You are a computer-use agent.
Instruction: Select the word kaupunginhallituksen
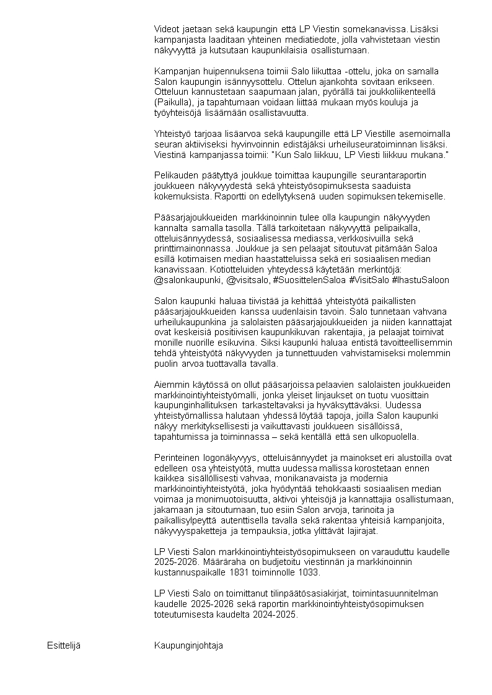tap(193, 406)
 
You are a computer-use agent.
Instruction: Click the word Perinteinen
tap(177, 458)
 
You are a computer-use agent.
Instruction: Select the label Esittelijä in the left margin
tap(64, 645)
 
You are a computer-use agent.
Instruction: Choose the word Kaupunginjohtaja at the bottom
tap(188, 645)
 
